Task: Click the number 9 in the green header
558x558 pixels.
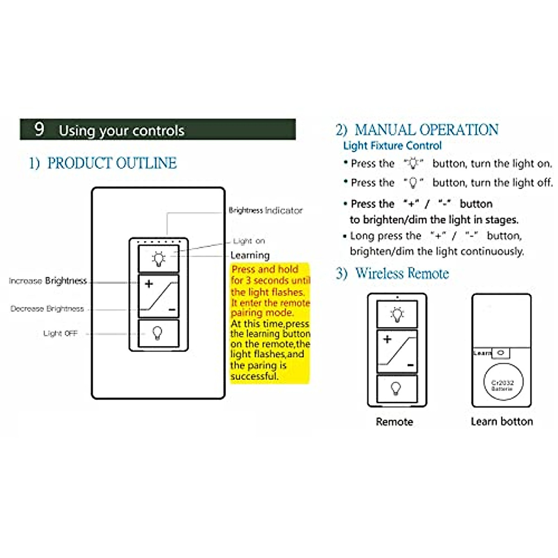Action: click(x=40, y=129)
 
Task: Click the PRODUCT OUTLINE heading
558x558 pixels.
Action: click(x=112, y=163)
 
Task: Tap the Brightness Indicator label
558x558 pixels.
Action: click(x=266, y=211)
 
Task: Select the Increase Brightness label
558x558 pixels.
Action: click(x=48, y=281)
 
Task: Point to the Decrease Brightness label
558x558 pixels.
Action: click(x=47, y=309)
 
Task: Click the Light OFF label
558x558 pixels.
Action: click(x=60, y=333)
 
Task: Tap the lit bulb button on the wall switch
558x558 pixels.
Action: click(x=159, y=259)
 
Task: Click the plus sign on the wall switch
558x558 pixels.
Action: click(x=149, y=283)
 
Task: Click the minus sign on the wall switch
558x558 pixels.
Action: click(x=172, y=310)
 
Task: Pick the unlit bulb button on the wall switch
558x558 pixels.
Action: click(x=159, y=333)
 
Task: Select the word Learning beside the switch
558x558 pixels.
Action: click(x=250, y=255)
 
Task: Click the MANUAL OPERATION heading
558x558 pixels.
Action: click(x=426, y=130)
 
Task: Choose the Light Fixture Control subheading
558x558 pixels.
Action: click(x=392, y=146)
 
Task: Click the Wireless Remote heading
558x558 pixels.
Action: click(x=402, y=273)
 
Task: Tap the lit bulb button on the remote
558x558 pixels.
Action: click(x=397, y=314)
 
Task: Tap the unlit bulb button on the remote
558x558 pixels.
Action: click(x=397, y=388)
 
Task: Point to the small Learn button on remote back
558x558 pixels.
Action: click(x=500, y=353)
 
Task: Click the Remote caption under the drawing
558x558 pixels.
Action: click(x=394, y=422)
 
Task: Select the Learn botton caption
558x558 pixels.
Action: click(x=502, y=422)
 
